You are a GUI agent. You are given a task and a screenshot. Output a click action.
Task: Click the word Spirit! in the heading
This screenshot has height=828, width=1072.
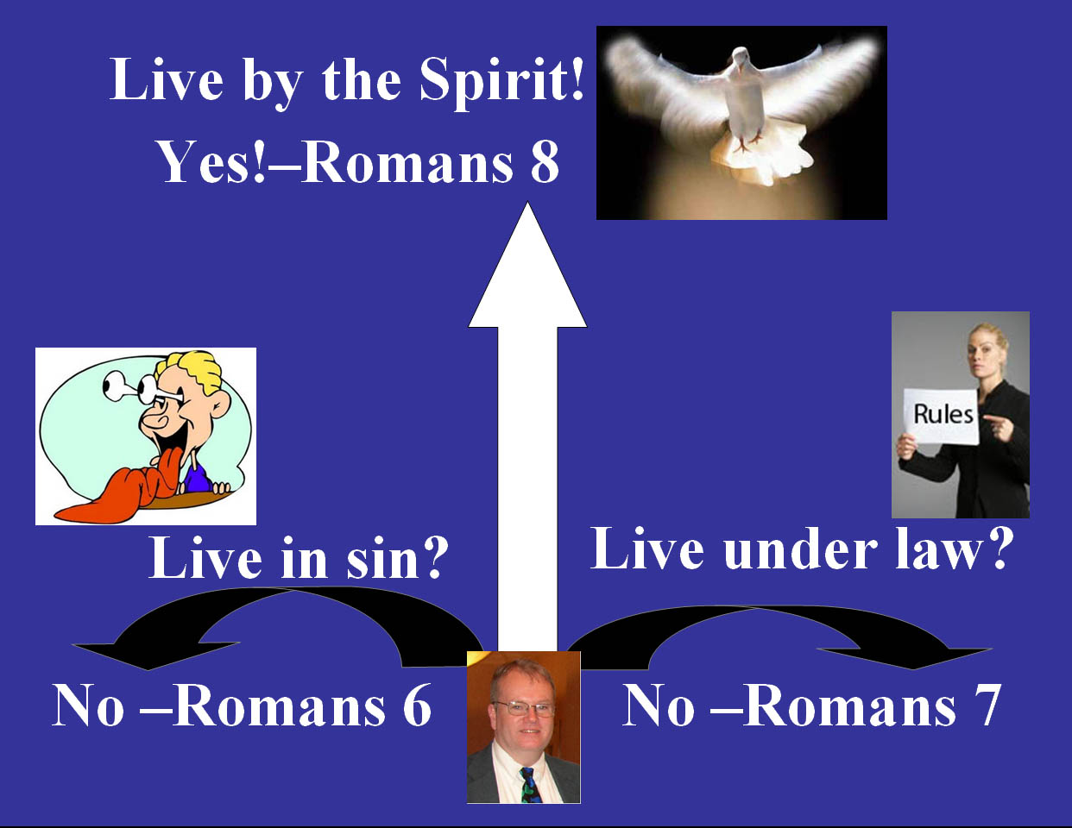coord(502,82)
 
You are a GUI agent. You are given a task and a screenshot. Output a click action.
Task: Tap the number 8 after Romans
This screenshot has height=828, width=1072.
coord(545,163)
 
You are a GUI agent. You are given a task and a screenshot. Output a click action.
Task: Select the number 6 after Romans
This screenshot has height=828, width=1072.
coord(417,706)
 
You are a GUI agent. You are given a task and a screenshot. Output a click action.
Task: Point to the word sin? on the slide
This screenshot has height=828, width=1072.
coord(394,558)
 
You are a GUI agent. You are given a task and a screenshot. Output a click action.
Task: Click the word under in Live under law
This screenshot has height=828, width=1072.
coord(800,549)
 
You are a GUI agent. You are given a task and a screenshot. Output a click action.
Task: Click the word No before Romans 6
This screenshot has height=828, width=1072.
coord(88,706)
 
